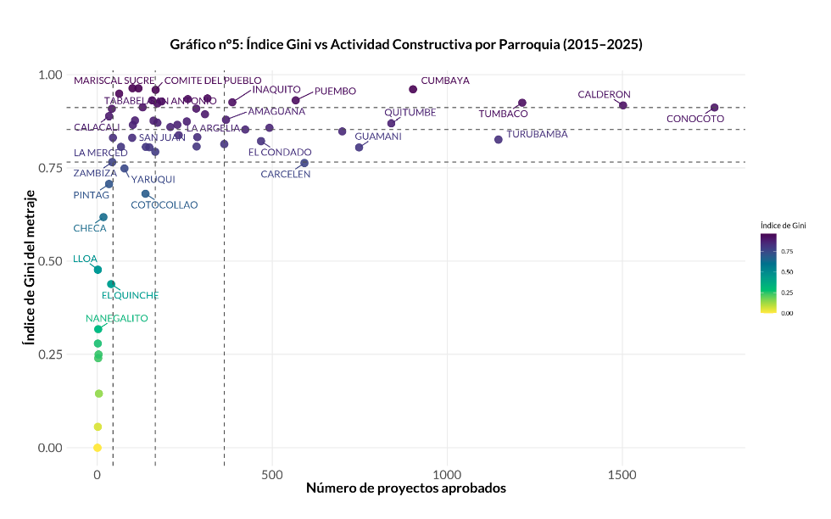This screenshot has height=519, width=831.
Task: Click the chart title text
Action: pos(405,44)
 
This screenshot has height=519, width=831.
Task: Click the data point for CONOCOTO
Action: pos(714,108)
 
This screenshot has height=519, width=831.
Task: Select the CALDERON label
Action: pos(604,94)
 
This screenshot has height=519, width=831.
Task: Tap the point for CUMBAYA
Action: pos(413,89)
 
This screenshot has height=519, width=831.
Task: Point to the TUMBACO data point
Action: pos(522,103)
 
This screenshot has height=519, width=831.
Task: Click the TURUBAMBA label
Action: pos(537,134)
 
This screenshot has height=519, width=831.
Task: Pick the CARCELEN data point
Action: pos(304,163)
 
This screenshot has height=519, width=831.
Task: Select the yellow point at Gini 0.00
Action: pos(98,448)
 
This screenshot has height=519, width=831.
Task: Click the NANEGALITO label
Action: pos(117,319)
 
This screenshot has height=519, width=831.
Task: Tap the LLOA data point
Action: pos(98,270)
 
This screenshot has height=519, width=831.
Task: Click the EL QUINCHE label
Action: pos(130,295)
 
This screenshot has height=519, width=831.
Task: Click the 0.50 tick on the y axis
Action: pos(51,261)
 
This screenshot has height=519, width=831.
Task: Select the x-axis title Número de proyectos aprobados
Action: pos(405,488)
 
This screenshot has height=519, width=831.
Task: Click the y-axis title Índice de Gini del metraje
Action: pos(27,261)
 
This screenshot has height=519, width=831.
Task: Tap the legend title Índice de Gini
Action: pos(782,226)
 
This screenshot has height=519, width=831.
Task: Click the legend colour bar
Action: pos(769,273)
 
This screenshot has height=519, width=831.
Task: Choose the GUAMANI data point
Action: pos(359,147)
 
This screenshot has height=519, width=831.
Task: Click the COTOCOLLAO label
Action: pos(165,205)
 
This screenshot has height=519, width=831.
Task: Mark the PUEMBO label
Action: pos(335,91)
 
